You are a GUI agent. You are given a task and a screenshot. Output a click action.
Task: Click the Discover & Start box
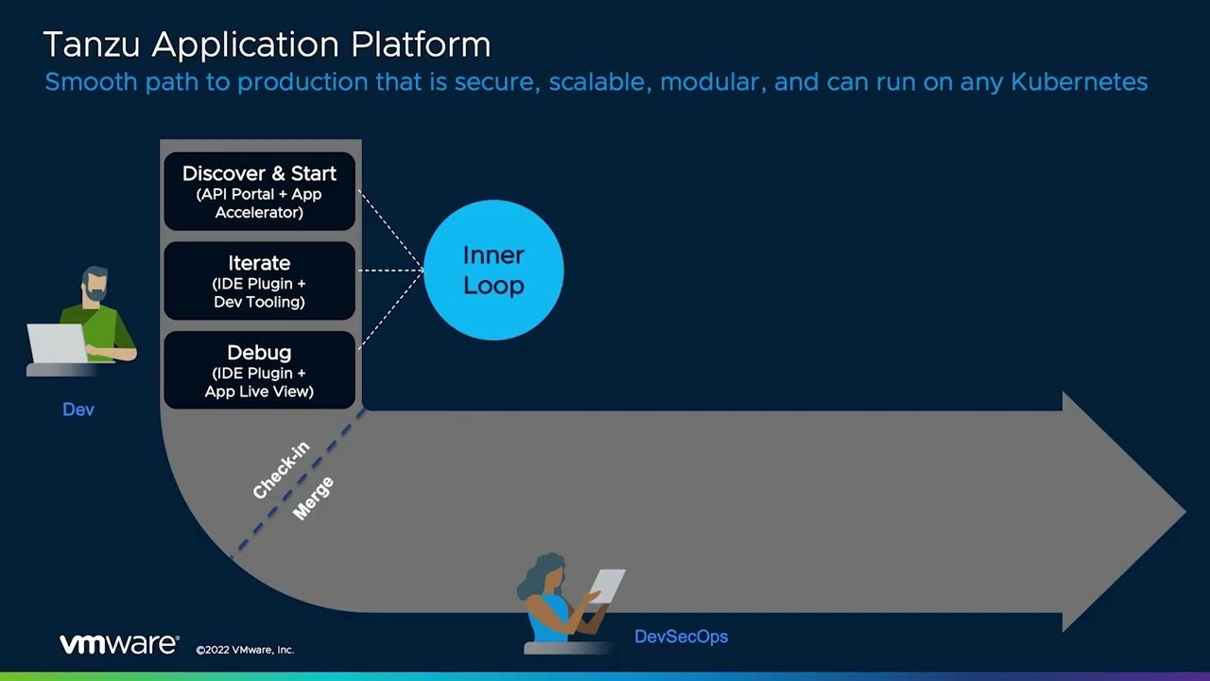pos(259,191)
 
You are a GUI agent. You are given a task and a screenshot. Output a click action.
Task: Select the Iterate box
pos(259,281)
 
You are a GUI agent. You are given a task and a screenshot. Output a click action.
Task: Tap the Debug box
pos(259,371)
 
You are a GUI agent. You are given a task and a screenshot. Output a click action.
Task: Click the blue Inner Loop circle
pos(493,271)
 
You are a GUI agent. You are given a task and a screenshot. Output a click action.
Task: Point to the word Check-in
pos(281,470)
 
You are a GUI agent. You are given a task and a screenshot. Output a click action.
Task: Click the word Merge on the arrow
pos(313,498)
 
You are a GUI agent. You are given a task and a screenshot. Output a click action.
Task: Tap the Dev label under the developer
pos(78,410)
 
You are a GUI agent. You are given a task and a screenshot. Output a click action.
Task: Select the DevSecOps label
pos(681,637)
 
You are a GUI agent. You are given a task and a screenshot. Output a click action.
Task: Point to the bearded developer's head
pos(95,285)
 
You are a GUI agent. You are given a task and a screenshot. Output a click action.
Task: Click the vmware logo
pos(118,644)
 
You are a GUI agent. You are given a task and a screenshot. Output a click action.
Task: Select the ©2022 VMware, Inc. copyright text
pos(245,650)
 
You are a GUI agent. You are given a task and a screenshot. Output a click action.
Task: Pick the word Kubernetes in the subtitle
pos(1079,82)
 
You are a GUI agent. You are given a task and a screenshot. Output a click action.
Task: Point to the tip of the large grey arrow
pos(1183,512)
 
